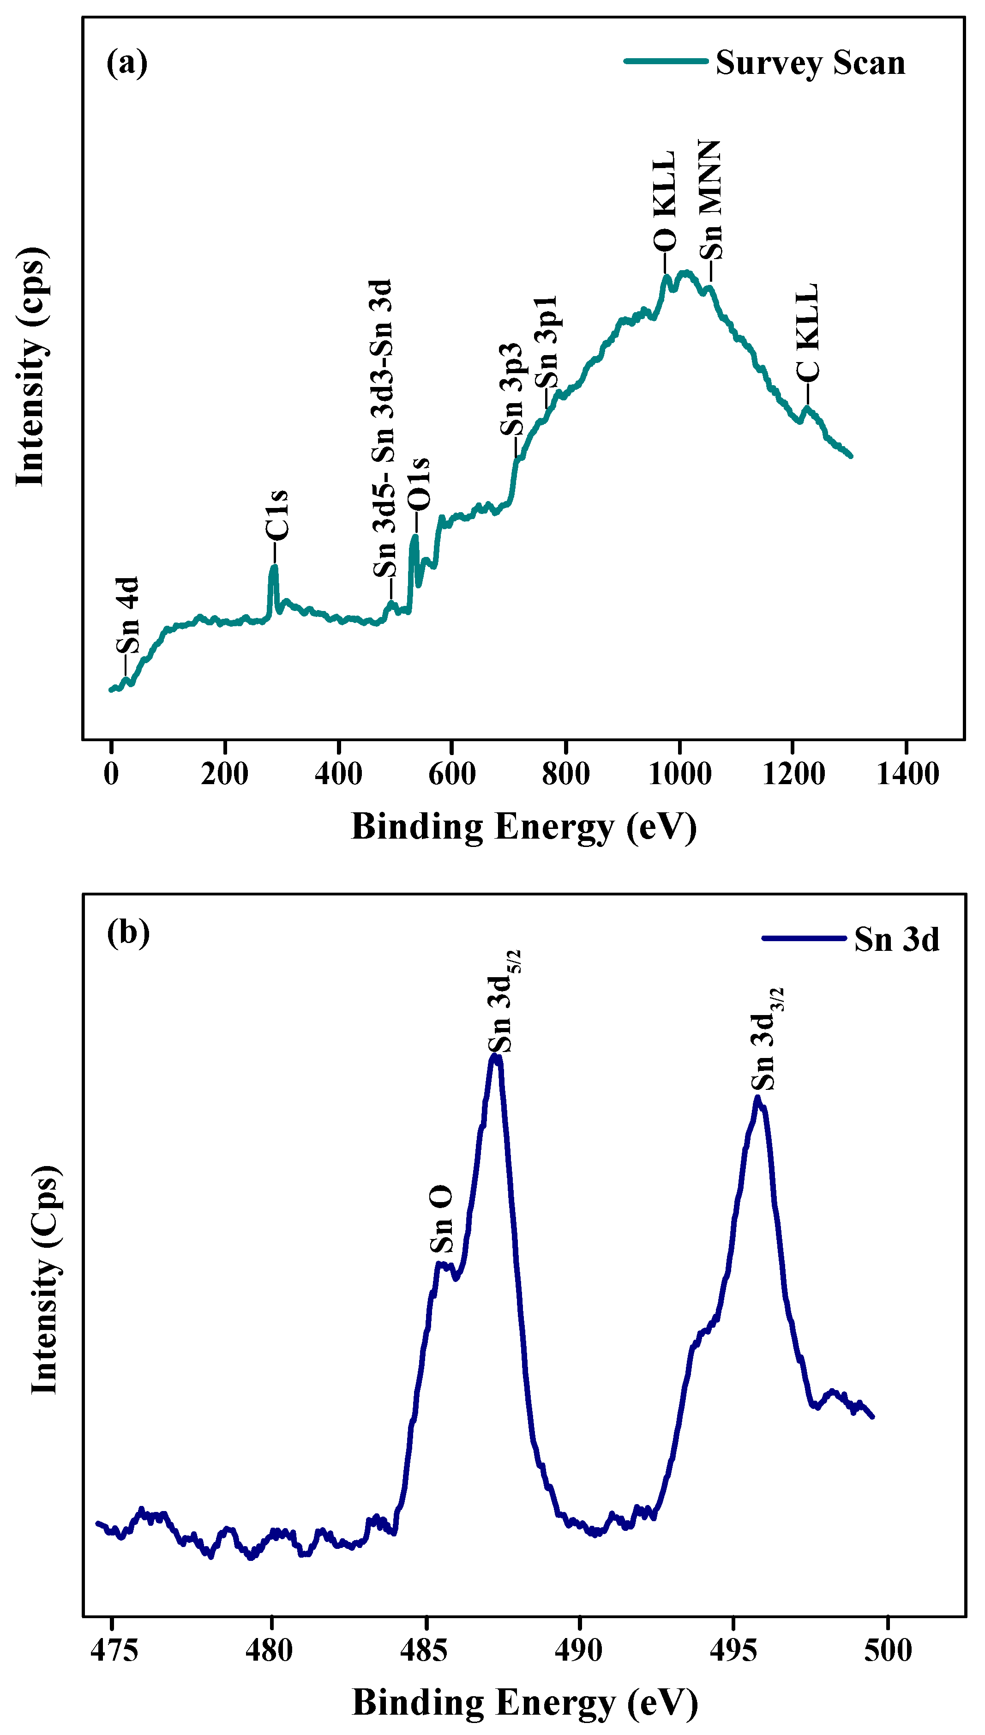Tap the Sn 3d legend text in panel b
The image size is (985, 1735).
point(896,940)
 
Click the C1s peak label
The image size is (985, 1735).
point(276,516)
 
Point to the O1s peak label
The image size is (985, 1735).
point(419,484)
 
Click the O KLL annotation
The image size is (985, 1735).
point(665,202)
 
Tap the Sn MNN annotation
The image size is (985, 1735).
point(710,201)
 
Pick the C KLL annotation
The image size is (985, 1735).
point(808,333)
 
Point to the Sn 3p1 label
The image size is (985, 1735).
point(546,342)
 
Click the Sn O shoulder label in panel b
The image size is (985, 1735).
point(442,1219)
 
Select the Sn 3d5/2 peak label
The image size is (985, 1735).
point(503,1002)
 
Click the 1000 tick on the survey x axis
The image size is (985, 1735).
point(679,774)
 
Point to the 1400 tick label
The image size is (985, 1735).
point(907,774)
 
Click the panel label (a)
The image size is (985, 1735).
point(127,63)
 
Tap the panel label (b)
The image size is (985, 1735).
point(128,933)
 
